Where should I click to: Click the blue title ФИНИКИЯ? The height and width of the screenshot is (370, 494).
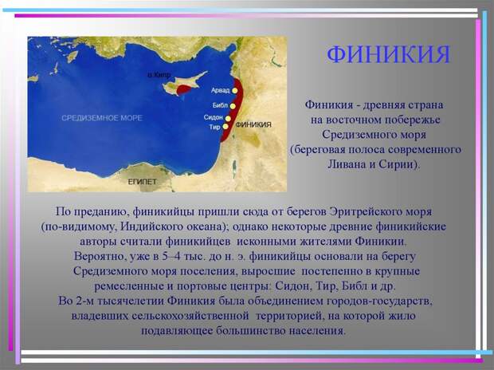click(388, 54)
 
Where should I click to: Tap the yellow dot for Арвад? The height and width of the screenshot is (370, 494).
click(235, 91)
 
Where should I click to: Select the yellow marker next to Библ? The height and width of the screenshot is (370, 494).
click(233, 106)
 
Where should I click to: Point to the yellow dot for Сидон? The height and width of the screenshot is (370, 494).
click(228, 119)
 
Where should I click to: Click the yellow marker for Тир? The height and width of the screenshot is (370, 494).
click(225, 127)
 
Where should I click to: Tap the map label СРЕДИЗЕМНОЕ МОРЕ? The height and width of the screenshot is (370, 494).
click(102, 118)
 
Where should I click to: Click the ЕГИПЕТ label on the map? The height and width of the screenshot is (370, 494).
click(142, 182)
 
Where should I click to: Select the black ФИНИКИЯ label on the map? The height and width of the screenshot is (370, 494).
click(253, 124)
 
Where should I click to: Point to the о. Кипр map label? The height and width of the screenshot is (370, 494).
click(159, 75)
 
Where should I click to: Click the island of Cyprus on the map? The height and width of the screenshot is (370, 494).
click(184, 84)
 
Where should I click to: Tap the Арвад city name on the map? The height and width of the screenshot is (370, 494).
click(220, 91)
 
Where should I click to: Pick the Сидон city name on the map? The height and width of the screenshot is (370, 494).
click(214, 117)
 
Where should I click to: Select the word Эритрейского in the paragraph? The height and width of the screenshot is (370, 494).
click(366, 211)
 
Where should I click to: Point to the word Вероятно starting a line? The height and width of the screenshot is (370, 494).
click(100, 256)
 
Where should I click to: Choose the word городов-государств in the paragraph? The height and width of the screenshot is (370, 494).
click(378, 301)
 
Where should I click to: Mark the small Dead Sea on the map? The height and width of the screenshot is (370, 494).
click(234, 165)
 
